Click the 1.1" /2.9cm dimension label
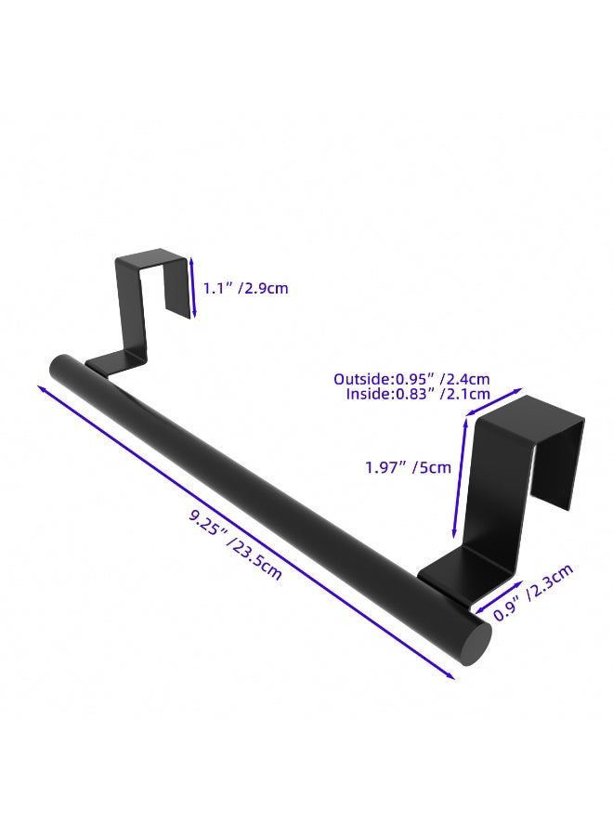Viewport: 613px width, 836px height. [246, 289]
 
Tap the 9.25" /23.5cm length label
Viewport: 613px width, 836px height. [235, 544]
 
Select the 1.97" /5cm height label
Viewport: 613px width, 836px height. [408, 467]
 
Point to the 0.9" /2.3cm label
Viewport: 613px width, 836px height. [533, 592]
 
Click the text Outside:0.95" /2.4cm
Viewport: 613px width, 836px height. [411, 379]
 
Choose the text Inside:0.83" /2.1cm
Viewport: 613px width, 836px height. [418, 394]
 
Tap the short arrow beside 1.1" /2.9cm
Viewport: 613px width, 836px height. [193, 287]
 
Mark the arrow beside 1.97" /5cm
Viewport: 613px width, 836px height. [461, 477]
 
